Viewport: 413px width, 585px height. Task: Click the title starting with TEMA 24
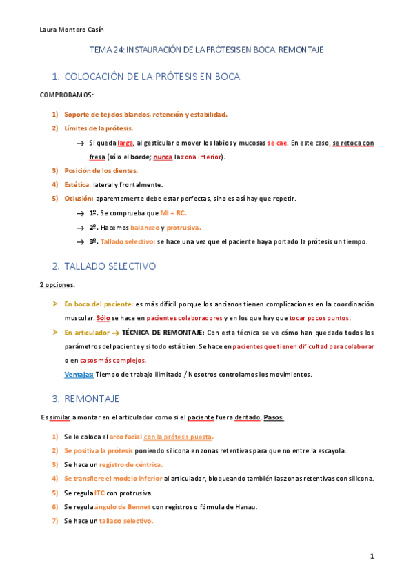(207, 50)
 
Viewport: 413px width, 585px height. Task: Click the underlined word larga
(125, 143)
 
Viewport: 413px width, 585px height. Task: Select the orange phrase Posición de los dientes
(101, 170)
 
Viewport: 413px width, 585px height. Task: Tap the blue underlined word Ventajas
(79, 375)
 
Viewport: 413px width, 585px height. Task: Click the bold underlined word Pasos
(274, 418)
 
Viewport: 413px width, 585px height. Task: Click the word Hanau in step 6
(245, 507)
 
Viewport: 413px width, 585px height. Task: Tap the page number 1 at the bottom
(372, 556)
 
